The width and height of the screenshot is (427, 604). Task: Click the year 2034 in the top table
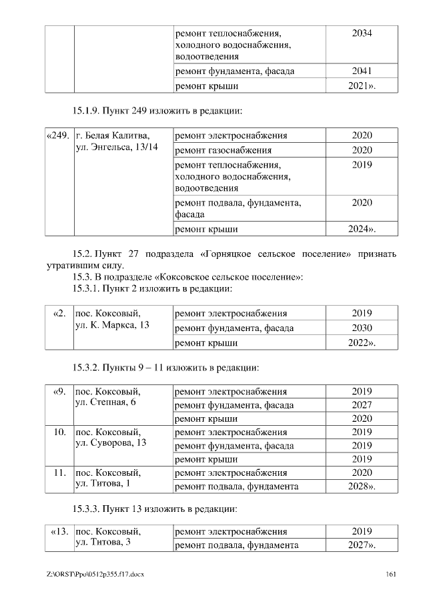pyautogui.click(x=362, y=33)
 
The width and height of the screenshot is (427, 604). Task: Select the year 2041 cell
pyautogui.click(x=362, y=71)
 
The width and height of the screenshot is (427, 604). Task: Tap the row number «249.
pyautogui.click(x=58, y=135)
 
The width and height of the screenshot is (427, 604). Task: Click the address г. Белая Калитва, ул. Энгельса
pyautogui.click(x=117, y=141)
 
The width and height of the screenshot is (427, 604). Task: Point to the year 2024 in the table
pyautogui.click(x=362, y=229)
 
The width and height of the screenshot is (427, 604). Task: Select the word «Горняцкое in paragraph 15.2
pyautogui.click(x=225, y=254)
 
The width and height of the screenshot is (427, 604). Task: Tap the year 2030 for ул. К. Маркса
pyautogui.click(x=362, y=328)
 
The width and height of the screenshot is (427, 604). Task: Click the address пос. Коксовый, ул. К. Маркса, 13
pyautogui.click(x=111, y=319)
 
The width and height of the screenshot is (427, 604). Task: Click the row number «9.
pyautogui.click(x=58, y=391)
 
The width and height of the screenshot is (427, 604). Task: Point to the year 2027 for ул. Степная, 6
pyautogui.click(x=362, y=405)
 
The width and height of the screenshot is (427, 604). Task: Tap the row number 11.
pyautogui.click(x=58, y=473)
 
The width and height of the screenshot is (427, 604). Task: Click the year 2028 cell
pyautogui.click(x=362, y=487)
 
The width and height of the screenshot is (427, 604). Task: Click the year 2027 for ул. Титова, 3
pyautogui.click(x=362, y=546)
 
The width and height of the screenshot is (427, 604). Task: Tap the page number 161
pyautogui.click(x=391, y=574)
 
